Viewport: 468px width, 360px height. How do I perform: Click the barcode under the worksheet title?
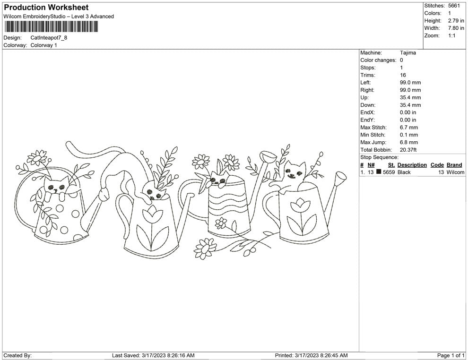coord(51,26)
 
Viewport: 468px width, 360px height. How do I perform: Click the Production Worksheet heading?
coord(46,8)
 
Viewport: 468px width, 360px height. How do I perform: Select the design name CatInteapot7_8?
coord(49,38)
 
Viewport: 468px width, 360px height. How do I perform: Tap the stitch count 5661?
coord(454,6)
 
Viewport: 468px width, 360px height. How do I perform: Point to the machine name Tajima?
coord(407,53)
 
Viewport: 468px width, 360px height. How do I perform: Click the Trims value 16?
coord(403,75)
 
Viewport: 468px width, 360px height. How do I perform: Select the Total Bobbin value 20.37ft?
coord(408,150)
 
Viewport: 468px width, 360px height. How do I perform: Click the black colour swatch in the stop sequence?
coord(379,171)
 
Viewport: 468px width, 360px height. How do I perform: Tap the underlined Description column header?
coord(412,165)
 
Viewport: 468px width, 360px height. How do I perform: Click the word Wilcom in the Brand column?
coord(455,172)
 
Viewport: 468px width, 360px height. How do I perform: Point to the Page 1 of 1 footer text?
coord(451,355)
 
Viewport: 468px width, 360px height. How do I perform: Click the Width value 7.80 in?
coord(456,28)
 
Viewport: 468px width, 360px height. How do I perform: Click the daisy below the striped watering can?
coord(205,248)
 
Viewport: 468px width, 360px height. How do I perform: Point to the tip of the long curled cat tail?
coord(68,144)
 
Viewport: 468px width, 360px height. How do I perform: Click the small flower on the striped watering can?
coord(221,223)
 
